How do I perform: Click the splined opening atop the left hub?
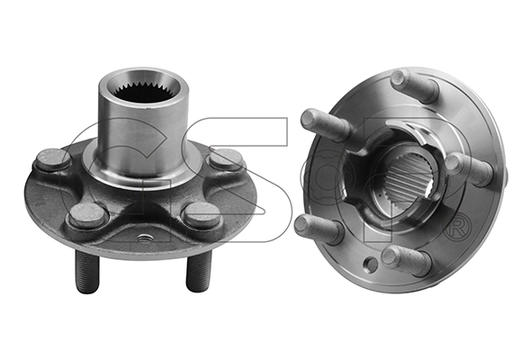pyautogui.click(x=145, y=89)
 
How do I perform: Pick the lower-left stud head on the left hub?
pyautogui.click(x=87, y=215)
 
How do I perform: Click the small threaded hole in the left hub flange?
pyautogui.click(x=144, y=237)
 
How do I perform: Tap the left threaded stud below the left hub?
pyautogui.click(x=87, y=271)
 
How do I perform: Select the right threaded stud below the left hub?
pyautogui.click(x=199, y=270)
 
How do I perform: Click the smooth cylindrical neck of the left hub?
pyautogui.click(x=145, y=136)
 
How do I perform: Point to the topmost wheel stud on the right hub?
pyautogui.click(x=414, y=85)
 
